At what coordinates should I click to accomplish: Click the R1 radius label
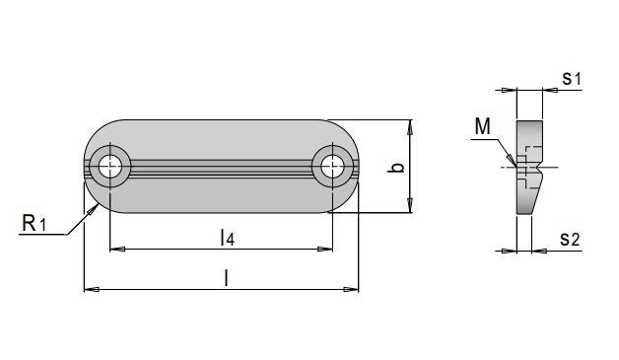34,223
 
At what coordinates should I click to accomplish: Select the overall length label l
226,277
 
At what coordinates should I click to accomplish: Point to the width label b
399,167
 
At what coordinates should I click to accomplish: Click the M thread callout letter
482,126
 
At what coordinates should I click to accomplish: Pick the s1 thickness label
572,78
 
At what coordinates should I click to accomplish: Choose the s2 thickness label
570,239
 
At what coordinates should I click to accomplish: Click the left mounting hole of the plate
109,167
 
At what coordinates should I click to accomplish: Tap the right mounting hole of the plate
332,167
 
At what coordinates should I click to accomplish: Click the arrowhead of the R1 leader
93,209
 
